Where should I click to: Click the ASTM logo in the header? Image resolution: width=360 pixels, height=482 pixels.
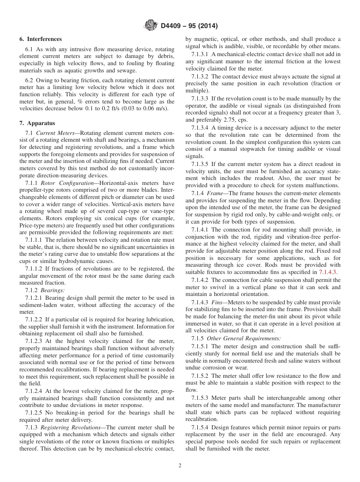pyautogui.click(x=151, y=26)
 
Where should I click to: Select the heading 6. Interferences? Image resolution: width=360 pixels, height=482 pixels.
pyautogui.click(x=41, y=39)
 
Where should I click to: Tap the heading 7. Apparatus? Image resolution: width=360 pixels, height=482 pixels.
pyautogui.click(x=37, y=123)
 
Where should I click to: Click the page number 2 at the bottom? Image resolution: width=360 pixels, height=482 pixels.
pyautogui.click(x=180, y=466)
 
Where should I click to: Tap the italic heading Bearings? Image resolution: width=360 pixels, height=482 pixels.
pyautogui.click(x=53, y=290)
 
